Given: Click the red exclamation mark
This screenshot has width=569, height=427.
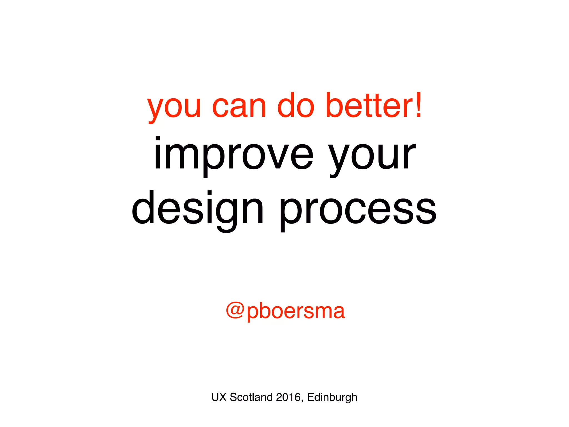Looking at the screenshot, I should (418, 105).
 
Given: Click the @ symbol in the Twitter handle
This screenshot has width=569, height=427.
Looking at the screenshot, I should (235, 310).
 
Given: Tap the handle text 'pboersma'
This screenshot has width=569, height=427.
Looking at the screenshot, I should (296, 311).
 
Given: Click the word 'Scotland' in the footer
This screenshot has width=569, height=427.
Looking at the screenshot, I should (251, 397).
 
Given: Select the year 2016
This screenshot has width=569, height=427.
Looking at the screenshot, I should (288, 397).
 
